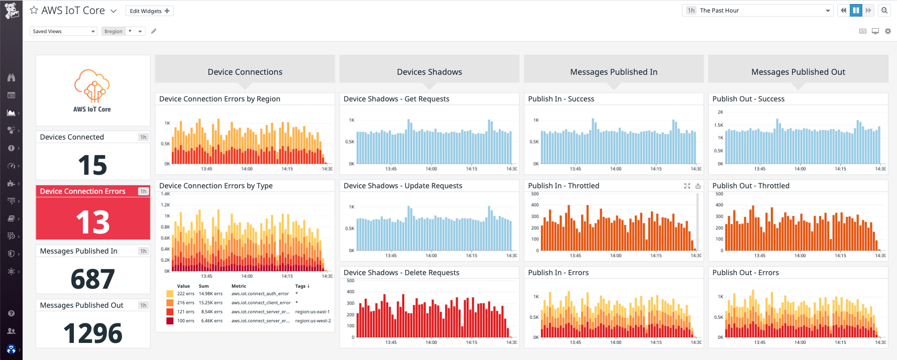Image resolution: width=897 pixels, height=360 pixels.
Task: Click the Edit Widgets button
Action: (149, 11)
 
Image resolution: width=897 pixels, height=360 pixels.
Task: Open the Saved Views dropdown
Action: (63, 31)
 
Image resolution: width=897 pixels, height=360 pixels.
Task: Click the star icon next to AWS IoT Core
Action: (34, 10)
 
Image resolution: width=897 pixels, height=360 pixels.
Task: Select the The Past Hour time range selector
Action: (757, 11)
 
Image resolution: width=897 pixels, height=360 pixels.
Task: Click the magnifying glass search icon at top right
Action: (884, 11)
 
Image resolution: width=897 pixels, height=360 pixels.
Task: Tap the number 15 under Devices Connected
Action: (92, 165)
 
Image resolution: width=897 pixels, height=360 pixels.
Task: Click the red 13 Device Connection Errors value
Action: (92, 222)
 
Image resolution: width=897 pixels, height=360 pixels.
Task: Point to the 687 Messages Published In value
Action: (92, 279)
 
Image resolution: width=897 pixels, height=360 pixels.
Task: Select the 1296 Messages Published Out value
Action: (92, 333)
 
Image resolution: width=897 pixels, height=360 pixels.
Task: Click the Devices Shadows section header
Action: (429, 72)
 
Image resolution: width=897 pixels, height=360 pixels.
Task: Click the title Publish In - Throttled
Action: (564, 186)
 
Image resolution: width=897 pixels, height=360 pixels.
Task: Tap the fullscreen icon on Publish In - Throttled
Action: (687, 186)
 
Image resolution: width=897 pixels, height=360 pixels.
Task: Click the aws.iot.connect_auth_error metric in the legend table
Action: (260, 294)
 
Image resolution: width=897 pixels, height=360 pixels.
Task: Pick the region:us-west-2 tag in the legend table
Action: (313, 321)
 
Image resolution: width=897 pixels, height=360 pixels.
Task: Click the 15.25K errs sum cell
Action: (210, 303)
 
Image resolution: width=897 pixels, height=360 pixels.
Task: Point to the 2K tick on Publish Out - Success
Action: (720, 112)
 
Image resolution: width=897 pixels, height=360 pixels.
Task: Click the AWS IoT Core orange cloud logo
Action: (92, 86)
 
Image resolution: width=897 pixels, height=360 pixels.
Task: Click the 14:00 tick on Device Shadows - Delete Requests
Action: (431, 342)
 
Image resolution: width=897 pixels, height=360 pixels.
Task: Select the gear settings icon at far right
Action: (888, 31)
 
